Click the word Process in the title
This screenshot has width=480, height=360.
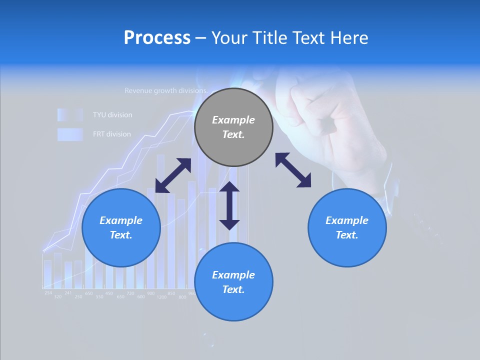(157, 38)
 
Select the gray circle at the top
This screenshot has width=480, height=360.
(233, 127)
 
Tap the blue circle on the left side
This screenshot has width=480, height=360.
(121, 228)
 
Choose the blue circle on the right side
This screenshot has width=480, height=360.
(347, 228)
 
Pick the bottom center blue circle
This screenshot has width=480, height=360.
(233, 282)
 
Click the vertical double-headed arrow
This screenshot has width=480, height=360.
(229, 205)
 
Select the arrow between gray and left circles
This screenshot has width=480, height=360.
(173, 175)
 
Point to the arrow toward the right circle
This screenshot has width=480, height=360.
(293, 170)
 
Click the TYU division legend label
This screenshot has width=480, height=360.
(112, 115)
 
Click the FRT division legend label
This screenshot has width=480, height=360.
(112, 134)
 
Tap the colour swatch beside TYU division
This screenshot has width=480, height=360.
(69, 115)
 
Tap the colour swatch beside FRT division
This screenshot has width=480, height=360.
(69, 134)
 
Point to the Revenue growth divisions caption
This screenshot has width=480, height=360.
(165, 91)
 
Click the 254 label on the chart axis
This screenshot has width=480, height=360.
(48, 292)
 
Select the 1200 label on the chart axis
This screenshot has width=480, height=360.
(161, 297)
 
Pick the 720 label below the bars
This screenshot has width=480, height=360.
(130, 293)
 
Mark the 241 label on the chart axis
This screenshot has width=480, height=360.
(68, 292)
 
